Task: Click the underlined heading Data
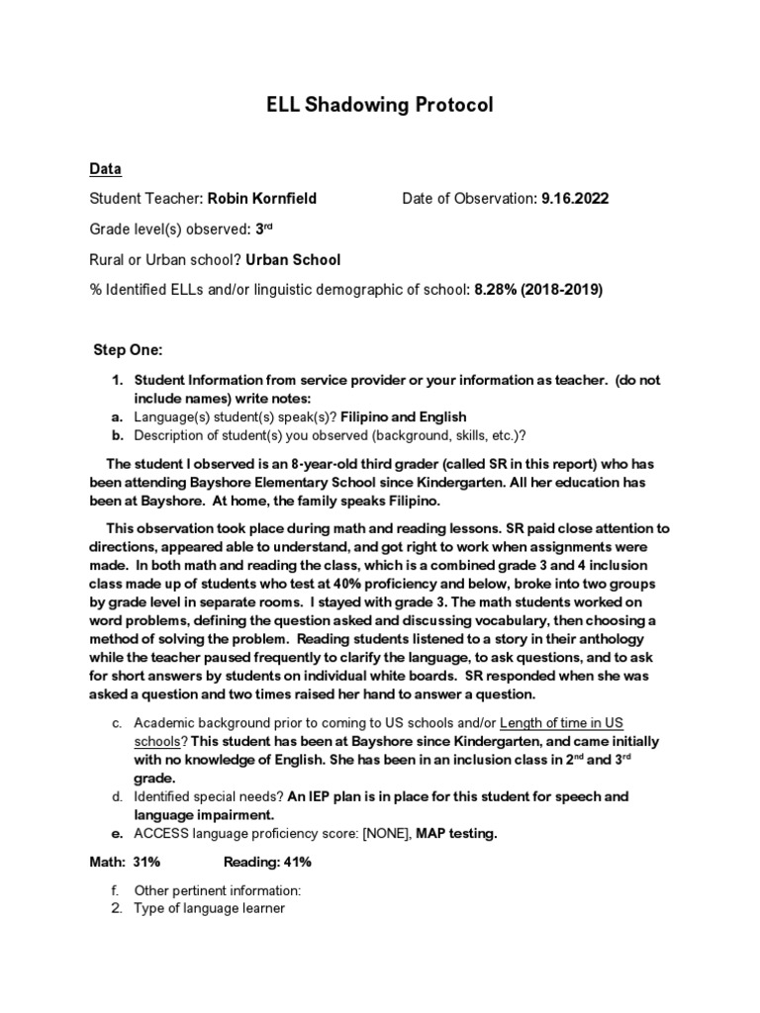(106, 169)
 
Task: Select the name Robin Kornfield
(261, 199)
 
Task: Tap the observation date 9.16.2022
(575, 199)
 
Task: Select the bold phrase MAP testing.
(456, 834)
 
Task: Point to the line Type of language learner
(209, 907)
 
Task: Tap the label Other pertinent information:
(217, 890)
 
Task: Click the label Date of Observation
(468, 199)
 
